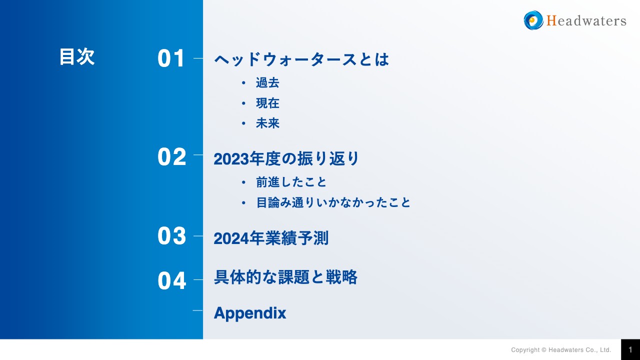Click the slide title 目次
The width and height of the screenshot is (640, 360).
tap(76, 57)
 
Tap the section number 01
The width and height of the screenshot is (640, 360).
tap(171, 59)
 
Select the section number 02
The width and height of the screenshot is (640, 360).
tap(171, 157)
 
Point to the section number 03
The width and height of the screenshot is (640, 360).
tap(171, 236)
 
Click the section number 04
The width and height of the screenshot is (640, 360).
tap(171, 281)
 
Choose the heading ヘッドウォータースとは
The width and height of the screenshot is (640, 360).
tap(301, 60)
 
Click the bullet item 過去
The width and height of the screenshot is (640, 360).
tap(267, 83)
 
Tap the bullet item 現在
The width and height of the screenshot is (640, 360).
tap(267, 103)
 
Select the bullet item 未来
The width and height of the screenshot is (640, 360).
tap(267, 123)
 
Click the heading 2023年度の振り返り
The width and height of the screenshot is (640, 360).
tap(286, 159)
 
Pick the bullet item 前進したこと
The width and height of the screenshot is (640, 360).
tap(291, 182)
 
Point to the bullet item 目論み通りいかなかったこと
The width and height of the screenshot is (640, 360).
tap(333, 202)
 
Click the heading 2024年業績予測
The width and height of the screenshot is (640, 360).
tap(271, 238)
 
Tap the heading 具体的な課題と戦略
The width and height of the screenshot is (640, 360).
tap(285, 277)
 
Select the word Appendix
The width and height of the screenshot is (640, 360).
tap(250, 313)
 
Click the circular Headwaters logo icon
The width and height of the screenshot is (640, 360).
tap(533, 20)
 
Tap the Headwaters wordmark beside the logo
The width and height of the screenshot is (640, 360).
tap(586, 21)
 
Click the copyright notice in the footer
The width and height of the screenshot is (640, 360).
tap(561, 350)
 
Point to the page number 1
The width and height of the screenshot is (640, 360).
tap(630, 349)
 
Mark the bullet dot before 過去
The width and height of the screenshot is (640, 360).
tap(243, 83)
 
